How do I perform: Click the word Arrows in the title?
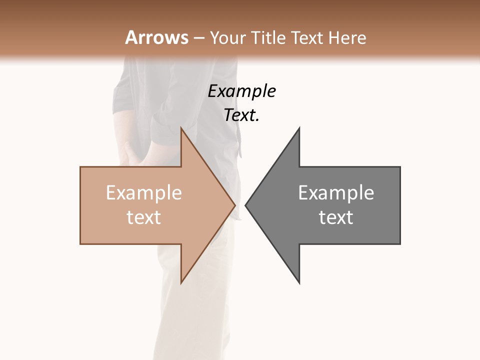pos(156,37)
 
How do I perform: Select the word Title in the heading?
pos(269,38)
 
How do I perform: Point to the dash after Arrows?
pos(198,38)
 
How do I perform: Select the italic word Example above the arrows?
pos(241,91)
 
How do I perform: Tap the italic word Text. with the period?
pos(241,115)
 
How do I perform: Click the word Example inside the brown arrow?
pos(144,193)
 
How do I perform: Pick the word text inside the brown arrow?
pos(144,217)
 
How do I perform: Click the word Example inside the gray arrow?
pos(336,193)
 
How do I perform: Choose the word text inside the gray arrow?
pos(336,217)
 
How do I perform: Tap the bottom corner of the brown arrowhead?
pos(181,282)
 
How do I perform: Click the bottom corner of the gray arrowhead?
pos(299,282)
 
